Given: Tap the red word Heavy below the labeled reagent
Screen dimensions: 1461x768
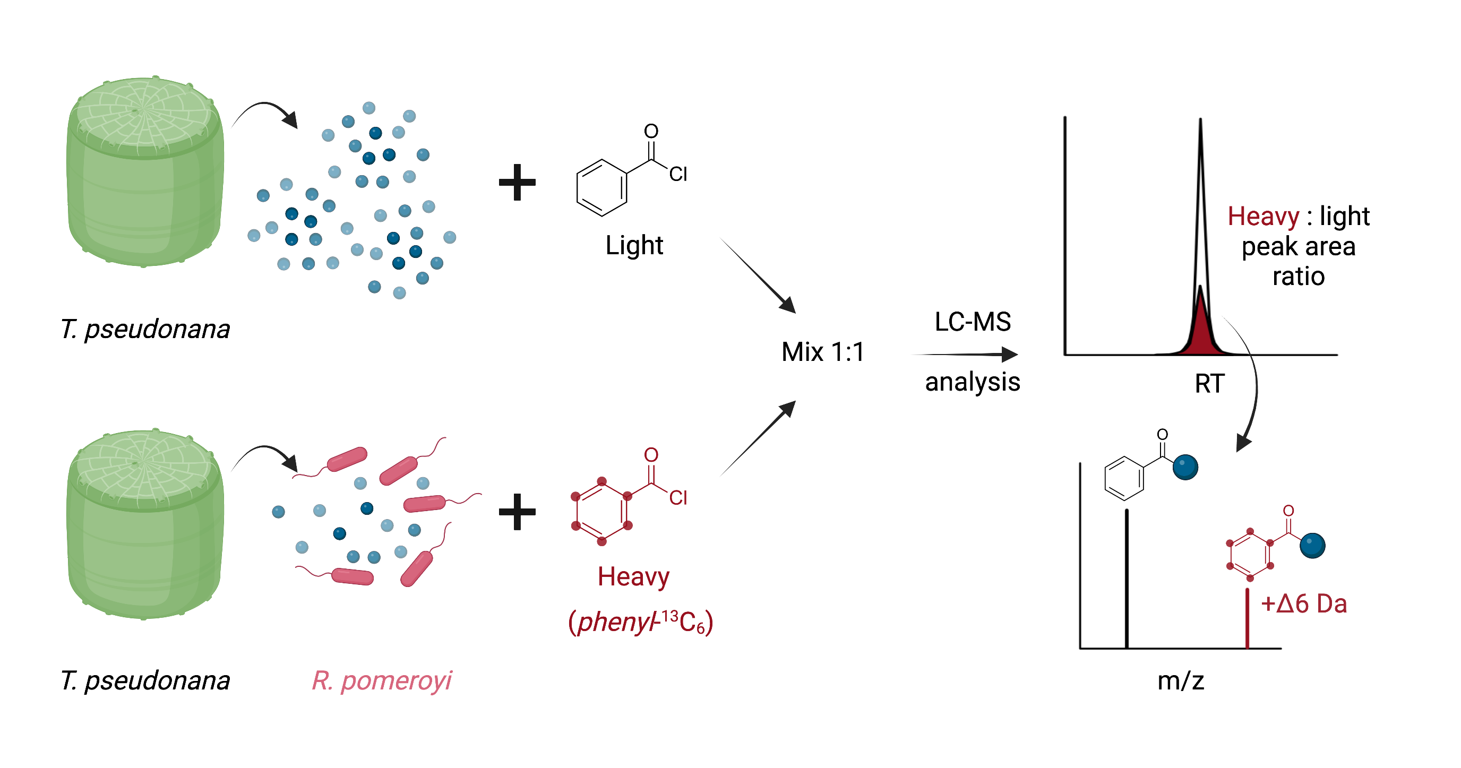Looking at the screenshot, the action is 633,577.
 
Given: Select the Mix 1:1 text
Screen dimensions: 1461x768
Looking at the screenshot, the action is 822,352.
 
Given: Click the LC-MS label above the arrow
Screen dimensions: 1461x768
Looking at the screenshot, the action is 973,322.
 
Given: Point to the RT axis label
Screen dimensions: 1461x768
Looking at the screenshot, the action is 1210,383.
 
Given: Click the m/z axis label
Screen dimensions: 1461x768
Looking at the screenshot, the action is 1181,680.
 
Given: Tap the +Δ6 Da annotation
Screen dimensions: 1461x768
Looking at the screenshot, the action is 1304,603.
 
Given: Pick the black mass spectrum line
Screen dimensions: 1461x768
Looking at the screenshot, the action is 1127,579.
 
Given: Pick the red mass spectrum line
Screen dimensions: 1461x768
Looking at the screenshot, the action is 1247,618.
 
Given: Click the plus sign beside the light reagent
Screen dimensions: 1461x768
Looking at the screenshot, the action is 517,182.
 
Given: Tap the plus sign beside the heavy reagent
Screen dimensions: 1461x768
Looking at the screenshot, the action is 517,512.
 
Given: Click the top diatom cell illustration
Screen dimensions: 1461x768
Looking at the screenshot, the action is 145,171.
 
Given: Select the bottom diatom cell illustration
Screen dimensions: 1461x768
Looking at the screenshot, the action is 145,524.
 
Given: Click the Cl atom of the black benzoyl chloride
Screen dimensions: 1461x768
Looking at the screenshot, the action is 678,174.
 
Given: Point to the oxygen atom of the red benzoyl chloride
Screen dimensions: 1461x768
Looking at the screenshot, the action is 651,455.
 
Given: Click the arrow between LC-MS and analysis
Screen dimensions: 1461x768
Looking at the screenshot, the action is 965,355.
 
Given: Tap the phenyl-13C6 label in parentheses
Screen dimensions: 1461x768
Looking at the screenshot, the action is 641,622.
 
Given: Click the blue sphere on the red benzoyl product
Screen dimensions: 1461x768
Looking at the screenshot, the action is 1312,546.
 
